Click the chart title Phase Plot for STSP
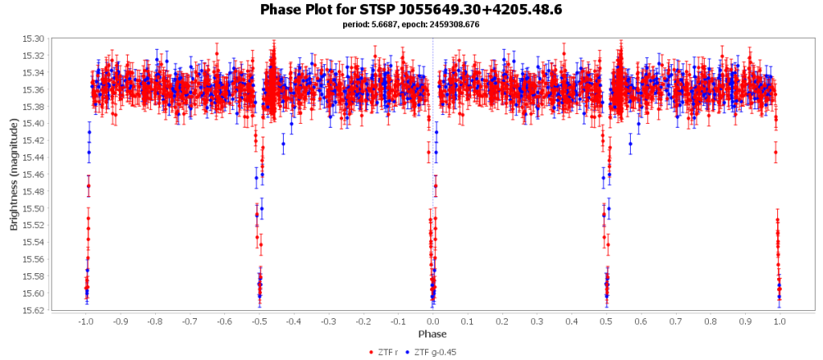click(x=411, y=10)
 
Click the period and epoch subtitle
click(x=411, y=25)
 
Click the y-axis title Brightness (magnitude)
click(x=14, y=174)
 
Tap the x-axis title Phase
click(x=432, y=333)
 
